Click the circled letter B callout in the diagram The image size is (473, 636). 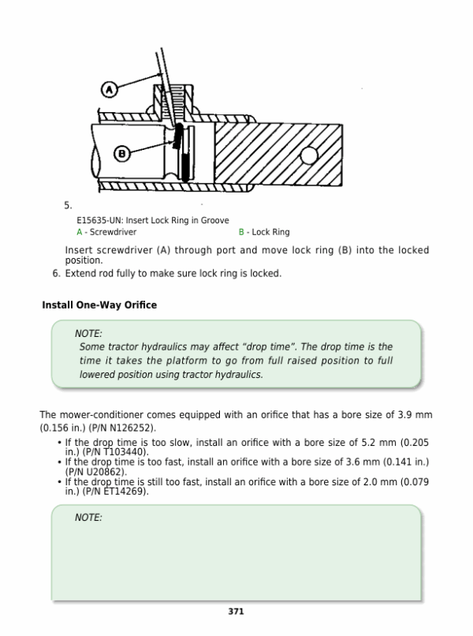point(122,154)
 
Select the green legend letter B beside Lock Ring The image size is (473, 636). point(241,233)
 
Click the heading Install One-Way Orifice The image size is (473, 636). point(99,305)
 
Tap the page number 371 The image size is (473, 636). point(236,612)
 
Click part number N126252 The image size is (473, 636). point(127,426)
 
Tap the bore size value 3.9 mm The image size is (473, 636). point(410,415)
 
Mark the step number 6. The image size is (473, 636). point(56,274)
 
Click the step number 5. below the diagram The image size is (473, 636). point(68,205)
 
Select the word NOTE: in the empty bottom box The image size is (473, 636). point(88,518)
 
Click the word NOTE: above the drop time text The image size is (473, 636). point(88,334)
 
